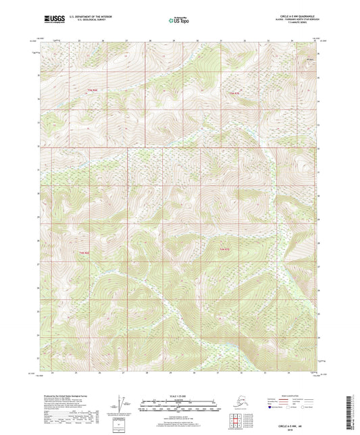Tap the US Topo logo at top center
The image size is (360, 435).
click(177, 21)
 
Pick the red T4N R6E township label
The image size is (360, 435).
click(84, 253)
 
